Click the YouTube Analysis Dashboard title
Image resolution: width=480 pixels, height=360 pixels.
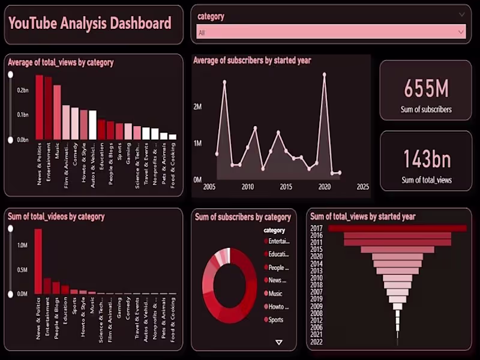pyautogui.click(x=90, y=24)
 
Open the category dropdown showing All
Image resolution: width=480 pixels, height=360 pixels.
pyautogui.click(x=332, y=32)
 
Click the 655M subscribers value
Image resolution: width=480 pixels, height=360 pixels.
pyautogui.click(x=426, y=89)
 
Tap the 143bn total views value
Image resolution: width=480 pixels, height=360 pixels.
pyautogui.click(x=426, y=159)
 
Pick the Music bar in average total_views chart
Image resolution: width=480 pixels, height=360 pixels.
pyautogui.click(x=57, y=112)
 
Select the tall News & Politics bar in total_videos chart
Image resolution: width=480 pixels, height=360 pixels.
pyautogui.click(x=38, y=261)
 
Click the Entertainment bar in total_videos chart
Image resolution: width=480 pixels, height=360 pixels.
pyautogui.click(x=47, y=286)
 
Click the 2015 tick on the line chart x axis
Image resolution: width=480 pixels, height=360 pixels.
pyautogui.click(x=286, y=187)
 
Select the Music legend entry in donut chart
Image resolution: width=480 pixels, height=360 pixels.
pyautogui.click(x=275, y=293)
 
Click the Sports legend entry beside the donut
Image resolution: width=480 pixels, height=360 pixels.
pyautogui.click(x=275, y=320)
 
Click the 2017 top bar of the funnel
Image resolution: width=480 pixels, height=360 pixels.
pyautogui.click(x=397, y=228)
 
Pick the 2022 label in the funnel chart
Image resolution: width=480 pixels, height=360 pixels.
pyautogui.click(x=317, y=342)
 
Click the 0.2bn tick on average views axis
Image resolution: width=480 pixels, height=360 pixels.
pyautogui.click(x=23, y=90)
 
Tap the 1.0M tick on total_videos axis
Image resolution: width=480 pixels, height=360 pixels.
pyautogui.click(x=22, y=245)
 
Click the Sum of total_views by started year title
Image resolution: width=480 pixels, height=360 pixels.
pyautogui.click(x=362, y=217)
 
